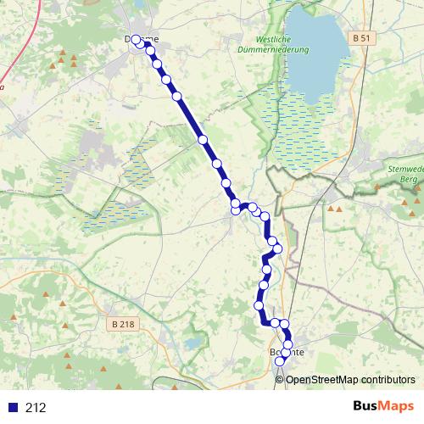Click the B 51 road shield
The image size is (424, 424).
[360, 38]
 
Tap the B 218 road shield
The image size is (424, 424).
[123, 324]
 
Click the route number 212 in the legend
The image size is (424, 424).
[36, 408]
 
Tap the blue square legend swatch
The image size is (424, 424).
[13, 408]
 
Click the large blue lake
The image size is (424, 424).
[315, 51]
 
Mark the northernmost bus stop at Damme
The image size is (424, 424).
[136, 39]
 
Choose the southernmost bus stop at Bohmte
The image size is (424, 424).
[281, 362]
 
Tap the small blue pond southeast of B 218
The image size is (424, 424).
[193, 343]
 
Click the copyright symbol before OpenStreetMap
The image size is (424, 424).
[280, 379]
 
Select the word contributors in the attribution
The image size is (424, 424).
[388, 379]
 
